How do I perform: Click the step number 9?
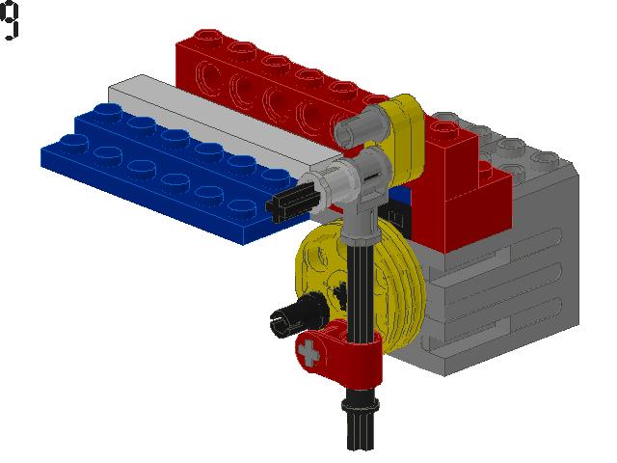coord(10,20)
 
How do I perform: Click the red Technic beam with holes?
coord(276,91)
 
